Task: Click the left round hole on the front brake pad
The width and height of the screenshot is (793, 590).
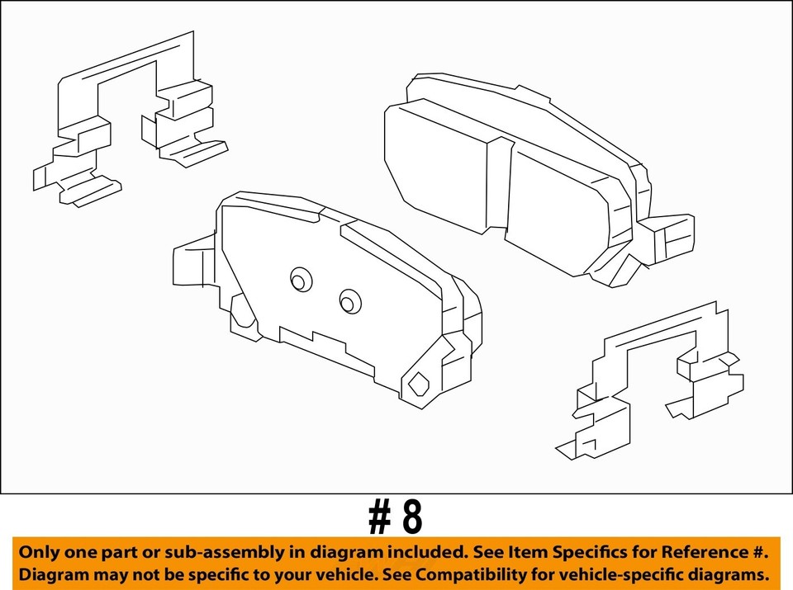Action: tap(301, 281)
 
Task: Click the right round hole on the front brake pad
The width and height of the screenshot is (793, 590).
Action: tap(350, 302)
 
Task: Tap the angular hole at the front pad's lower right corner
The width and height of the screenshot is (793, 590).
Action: tap(419, 384)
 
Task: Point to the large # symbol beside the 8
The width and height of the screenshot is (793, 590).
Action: tap(378, 517)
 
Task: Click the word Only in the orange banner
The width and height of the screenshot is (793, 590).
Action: tap(41, 552)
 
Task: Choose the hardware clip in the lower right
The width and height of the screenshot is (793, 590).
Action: tap(653, 380)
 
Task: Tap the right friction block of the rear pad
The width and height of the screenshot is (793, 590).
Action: tap(562, 210)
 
